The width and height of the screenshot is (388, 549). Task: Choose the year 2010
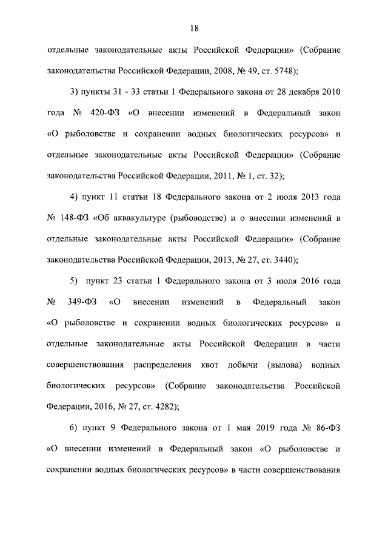330,92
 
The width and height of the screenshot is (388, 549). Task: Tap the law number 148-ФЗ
74,218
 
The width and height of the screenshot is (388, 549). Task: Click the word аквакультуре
140,218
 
